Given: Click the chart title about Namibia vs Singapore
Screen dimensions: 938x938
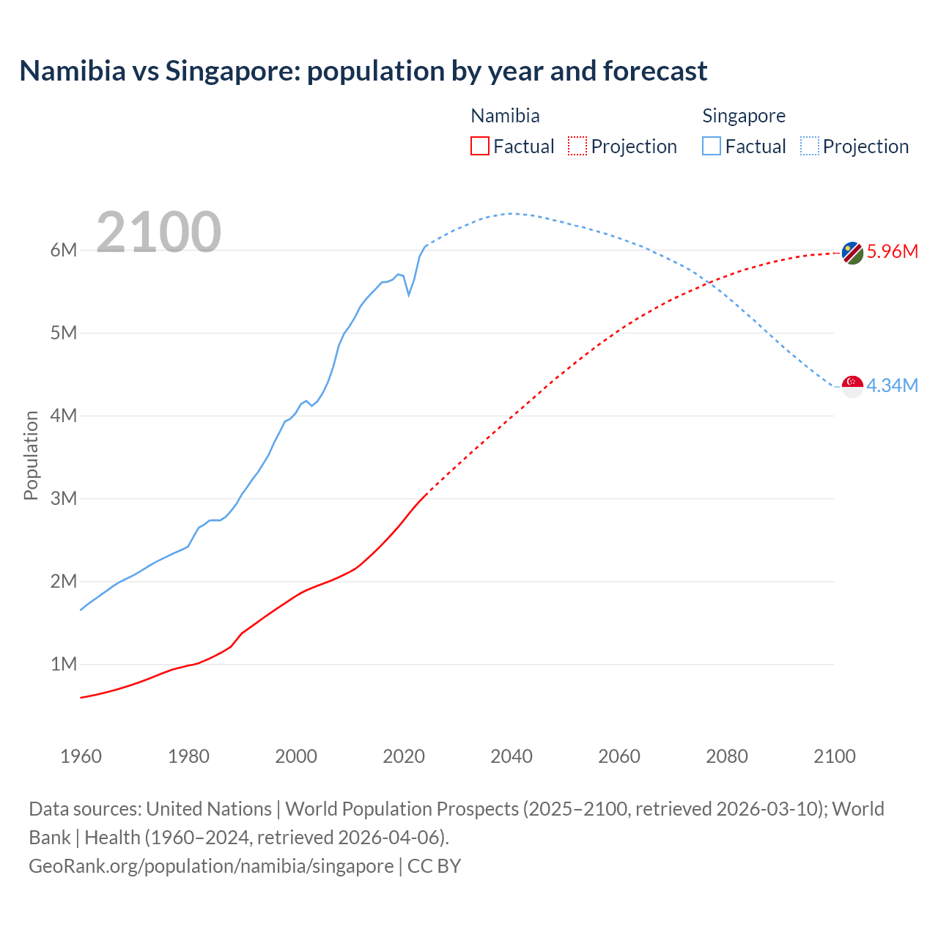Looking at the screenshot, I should click(x=363, y=71).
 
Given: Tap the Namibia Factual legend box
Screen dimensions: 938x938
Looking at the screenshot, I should click(x=479, y=146).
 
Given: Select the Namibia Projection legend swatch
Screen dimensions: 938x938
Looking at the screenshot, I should click(x=577, y=146).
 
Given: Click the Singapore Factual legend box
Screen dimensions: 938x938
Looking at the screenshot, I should click(x=711, y=146).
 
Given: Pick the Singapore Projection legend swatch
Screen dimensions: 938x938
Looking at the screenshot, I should click(x=809, y=146).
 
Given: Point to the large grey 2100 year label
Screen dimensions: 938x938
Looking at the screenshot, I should click(x=158, y=232).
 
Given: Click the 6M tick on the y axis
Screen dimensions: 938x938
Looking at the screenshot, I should click(x=64, y=250).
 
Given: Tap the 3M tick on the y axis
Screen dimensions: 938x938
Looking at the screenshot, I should click(x=64, y=498).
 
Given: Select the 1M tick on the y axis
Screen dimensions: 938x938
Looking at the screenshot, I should click(x=64, y=664).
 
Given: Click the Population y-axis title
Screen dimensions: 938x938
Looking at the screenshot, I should click(x=31, y=455).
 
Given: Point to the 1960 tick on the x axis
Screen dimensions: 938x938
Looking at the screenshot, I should click(x=81, y=756).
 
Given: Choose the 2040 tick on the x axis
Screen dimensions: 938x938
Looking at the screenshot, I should click(x=512, y=756).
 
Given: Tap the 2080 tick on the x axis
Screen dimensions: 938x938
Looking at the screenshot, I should click(x=727, y=756).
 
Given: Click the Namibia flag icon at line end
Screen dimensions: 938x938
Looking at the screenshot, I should click(x=852, y=253).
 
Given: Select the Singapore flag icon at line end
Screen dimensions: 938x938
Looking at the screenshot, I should click(x=852, y=386).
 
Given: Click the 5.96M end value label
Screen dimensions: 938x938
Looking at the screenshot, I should click(x=892, y=251).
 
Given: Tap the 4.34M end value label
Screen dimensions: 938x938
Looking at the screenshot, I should click(x=892, y=385).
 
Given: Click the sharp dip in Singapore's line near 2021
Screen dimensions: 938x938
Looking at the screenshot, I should click(x=409, y=295).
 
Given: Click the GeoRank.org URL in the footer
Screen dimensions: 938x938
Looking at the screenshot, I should click(x=211, y=865).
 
